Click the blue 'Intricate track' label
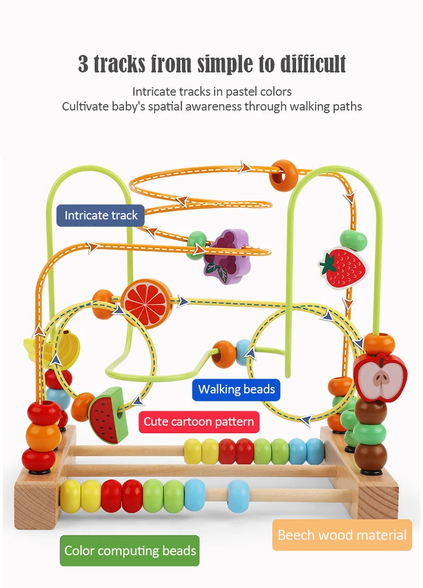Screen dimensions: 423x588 click(x=100, y=215)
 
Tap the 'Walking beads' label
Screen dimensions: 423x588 click(x=236, y=390)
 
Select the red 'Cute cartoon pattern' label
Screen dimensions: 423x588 click(x=199, y=422)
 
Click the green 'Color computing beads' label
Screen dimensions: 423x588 click(x=130, y=550)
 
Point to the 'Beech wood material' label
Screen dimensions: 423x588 click(x=342, y=535)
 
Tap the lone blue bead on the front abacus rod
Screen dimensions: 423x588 click(x=238, y=496)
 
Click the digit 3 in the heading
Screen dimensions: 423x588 click(x=84, y=64)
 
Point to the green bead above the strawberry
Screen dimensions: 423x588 click(x=353, y=240)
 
